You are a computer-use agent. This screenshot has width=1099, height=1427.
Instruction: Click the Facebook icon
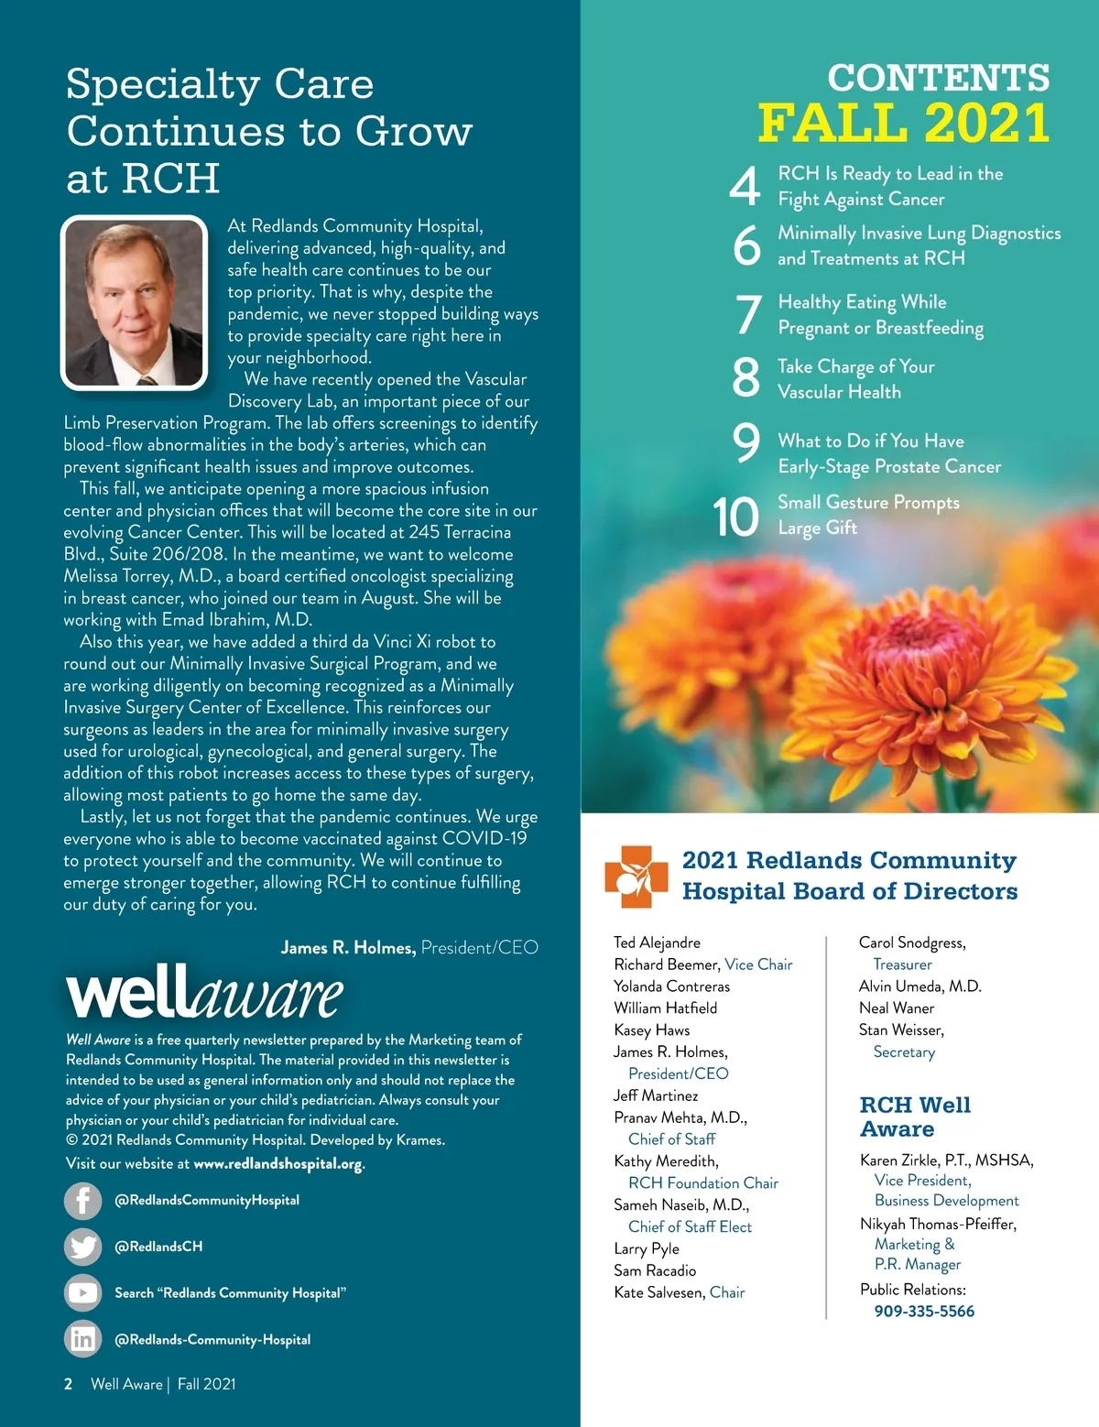pos(82,1200)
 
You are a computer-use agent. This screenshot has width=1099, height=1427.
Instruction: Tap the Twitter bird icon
pos(82,1247)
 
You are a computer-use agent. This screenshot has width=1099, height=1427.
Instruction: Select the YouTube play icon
pos(82,1293)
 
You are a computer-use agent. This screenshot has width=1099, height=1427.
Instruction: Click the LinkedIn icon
pos(82,1339)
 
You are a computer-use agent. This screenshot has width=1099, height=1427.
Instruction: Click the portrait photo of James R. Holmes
pos(135,302)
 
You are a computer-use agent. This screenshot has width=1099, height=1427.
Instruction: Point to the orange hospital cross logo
pos(630,877)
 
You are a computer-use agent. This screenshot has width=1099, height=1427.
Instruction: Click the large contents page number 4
pos(745,187)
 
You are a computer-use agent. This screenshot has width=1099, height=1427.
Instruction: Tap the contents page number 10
pos(736,517)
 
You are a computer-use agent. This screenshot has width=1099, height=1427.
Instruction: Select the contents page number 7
pos(748,315)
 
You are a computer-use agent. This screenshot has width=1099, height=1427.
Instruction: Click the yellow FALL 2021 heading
pos(903,123)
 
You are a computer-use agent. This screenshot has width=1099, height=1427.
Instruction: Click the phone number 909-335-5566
pos(924,1312)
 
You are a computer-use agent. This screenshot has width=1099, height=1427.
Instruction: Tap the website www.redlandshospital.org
pos(277,1164)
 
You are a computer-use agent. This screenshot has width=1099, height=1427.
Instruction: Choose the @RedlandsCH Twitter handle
pos(158,1247)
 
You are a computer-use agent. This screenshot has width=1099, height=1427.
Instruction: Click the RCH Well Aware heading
pos(915,1117)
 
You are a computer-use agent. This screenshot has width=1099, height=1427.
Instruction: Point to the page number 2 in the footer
pos(69,1384)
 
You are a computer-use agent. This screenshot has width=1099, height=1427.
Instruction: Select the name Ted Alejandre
pos(657,942)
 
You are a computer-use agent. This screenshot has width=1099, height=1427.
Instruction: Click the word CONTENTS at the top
pos(939,78)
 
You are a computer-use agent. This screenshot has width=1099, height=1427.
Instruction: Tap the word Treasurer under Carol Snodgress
pos(902,964)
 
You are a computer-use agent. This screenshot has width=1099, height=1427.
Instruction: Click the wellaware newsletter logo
pos(204,995)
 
